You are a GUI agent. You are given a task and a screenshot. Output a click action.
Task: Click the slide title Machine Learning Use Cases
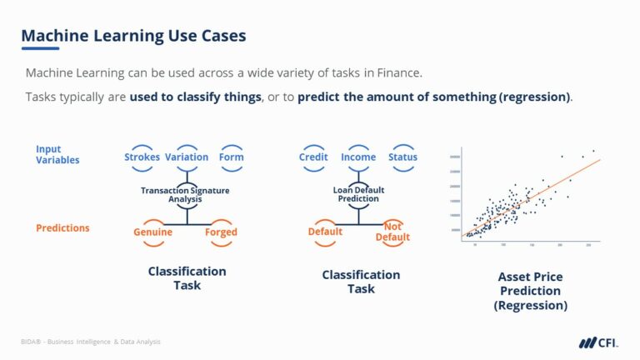(133, 36)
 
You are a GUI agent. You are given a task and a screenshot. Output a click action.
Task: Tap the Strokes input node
(142, 157)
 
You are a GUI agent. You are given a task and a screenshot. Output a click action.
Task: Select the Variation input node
(187, 157)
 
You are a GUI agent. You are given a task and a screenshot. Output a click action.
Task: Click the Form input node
(231, 157)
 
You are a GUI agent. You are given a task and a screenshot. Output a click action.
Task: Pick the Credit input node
(313, 157)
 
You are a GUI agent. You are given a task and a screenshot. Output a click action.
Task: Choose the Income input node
(358, 157)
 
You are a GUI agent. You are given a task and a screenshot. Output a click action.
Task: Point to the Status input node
(402, 157)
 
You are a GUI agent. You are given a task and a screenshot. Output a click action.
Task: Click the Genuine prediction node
(152, 232)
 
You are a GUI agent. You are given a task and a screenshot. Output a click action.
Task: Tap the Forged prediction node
(221, 232)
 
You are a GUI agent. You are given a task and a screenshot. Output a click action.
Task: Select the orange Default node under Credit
(325, 232)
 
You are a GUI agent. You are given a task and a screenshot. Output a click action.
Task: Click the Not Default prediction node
(392, 232)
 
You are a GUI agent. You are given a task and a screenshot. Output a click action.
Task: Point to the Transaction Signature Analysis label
(185, 195)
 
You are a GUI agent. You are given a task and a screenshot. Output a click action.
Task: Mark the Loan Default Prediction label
(358, 194)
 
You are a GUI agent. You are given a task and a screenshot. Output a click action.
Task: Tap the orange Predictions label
(62, 227)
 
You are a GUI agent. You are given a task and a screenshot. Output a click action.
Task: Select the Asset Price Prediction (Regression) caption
(530, 291)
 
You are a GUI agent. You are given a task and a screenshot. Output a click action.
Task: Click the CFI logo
(597, 342)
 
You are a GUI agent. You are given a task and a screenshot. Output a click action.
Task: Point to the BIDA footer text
(91, 342)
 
